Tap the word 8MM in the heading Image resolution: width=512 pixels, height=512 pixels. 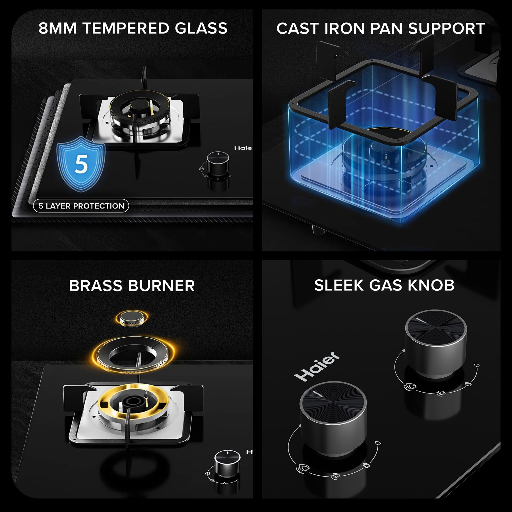click(x=57, y=28)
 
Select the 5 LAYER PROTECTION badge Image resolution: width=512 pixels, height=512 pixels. click(x=81, y=206)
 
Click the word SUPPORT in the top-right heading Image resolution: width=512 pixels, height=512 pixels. click(x=446, y=28)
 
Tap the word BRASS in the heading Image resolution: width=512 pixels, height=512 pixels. click(x=95, y=286)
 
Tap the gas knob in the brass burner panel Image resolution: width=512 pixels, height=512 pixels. click(x=227, y=461)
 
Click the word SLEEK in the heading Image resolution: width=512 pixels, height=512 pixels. click(x=339, y=285)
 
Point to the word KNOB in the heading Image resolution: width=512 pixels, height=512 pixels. click(x=431, y=285)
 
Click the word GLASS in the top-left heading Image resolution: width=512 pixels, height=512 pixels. click(x=201, y=28)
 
